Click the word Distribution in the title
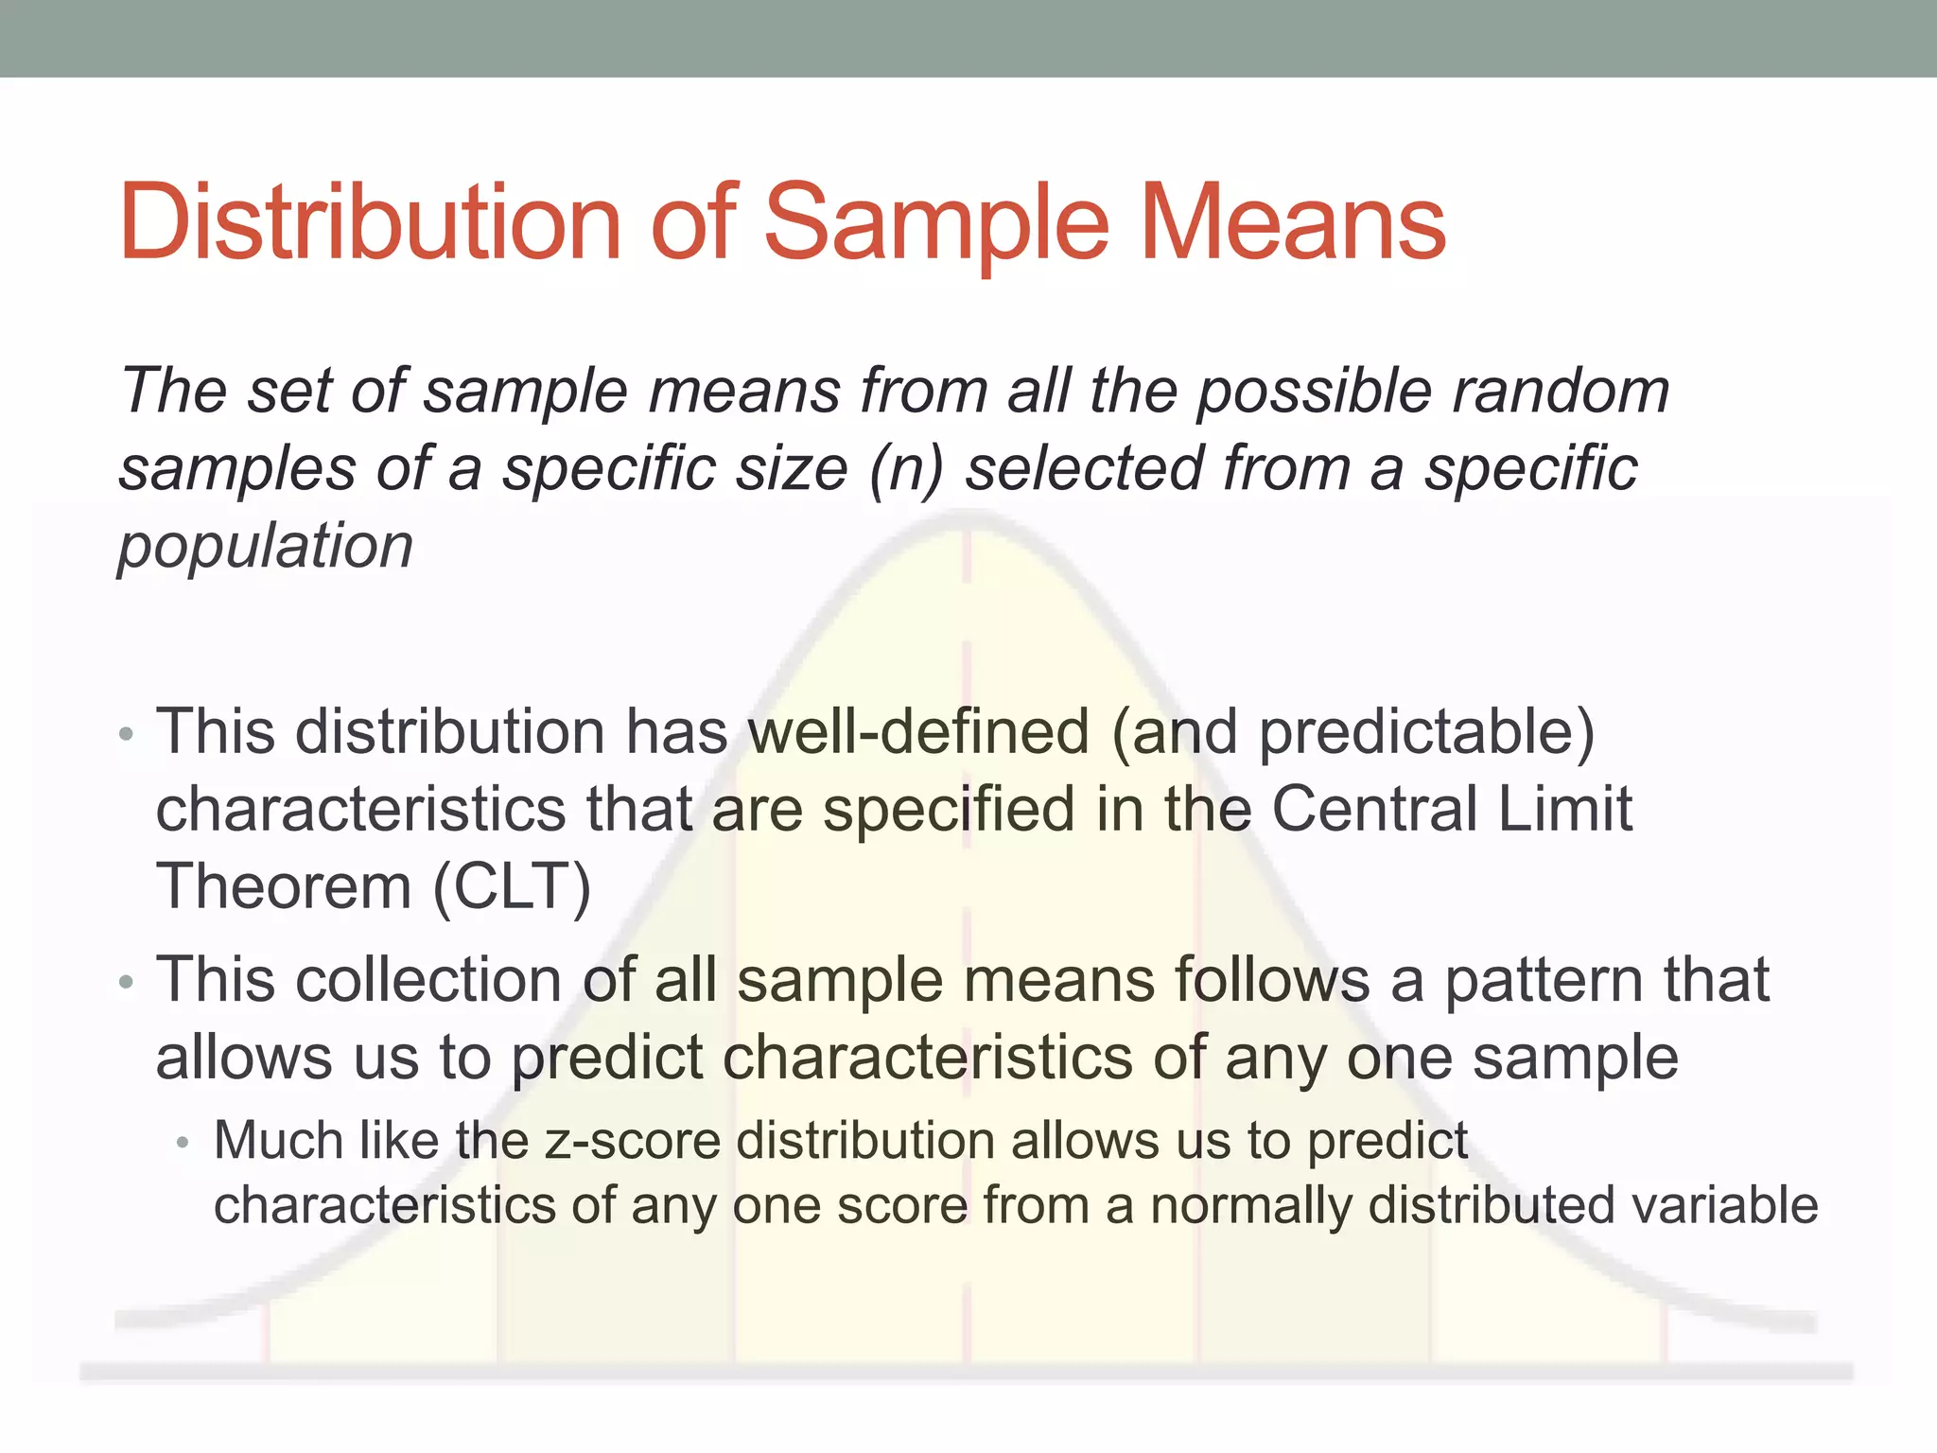369,223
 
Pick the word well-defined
918,732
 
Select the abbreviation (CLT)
512,887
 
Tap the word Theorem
284,887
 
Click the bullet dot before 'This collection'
127,984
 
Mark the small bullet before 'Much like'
183,1144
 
